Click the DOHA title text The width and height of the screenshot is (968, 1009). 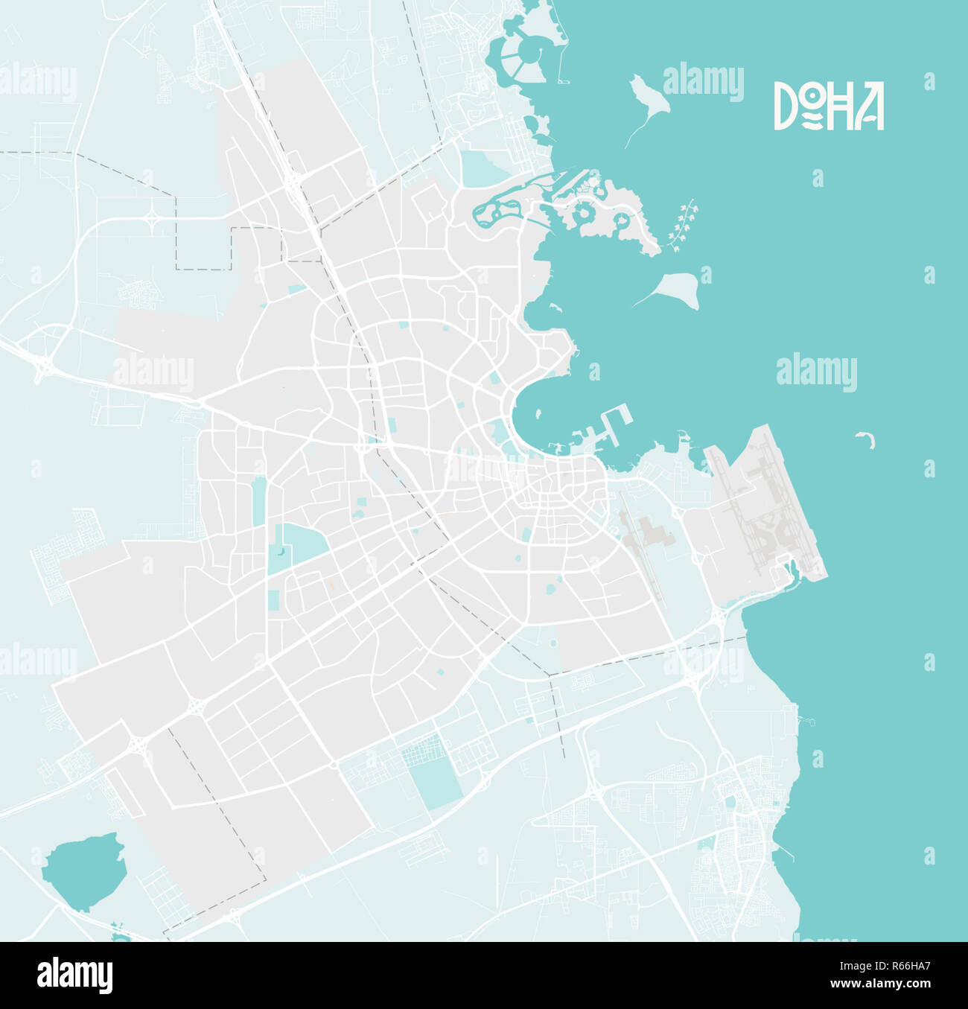coord(828,106)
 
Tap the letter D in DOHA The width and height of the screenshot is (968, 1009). coord(785,106)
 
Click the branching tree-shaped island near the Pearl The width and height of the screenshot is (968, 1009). coord(683,225)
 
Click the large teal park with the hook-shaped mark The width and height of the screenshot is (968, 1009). coord(294,547)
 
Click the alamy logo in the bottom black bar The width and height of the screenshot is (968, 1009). coord(75,975)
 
